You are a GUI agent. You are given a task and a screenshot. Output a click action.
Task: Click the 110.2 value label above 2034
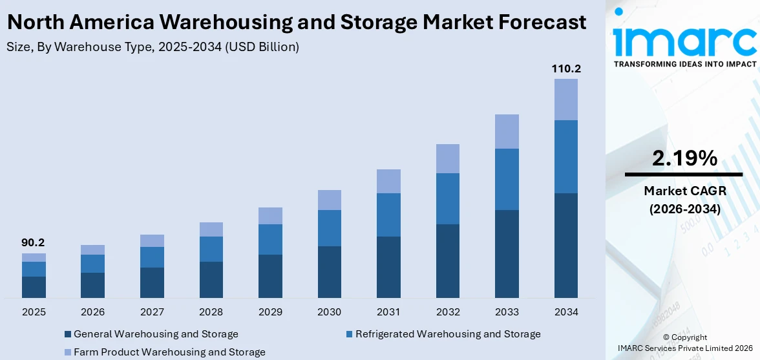(x=565, y=69)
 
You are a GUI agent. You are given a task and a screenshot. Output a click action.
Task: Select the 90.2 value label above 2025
(x=34, y=243)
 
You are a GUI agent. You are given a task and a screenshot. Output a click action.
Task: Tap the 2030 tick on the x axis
(x=329, y=312)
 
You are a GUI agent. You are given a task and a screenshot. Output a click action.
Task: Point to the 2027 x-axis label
(x=152, y=312)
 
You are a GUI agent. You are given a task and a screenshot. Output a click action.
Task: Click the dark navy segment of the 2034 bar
(x=565, y=245)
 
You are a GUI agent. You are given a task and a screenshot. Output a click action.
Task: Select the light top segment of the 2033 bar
(x=507, y=131)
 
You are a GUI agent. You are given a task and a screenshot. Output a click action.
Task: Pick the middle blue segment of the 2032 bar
(x=447, y=198)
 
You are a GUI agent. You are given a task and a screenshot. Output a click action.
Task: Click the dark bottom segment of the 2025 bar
(x=34, y=287)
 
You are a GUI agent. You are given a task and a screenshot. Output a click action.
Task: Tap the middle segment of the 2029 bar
(x=270, y=239)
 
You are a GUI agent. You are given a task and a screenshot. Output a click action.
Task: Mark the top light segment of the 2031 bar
(x=388, y=181)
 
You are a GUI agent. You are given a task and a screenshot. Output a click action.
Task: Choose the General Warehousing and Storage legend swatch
(x=68, y=335)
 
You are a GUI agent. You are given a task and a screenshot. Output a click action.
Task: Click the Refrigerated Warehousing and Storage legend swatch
(x=349, y=335)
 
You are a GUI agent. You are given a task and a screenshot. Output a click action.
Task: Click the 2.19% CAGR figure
(x=684, y=158)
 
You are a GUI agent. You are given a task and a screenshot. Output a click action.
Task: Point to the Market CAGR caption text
(x=684, y=191)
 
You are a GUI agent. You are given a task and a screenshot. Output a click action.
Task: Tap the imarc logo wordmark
(x=684, y=41)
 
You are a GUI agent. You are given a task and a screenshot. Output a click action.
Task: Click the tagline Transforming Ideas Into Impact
(x=684, y=64)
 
